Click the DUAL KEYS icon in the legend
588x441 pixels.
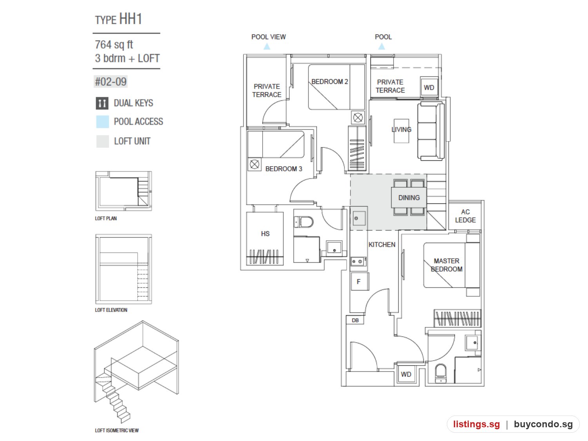pyautogui.click(x=102, y=103)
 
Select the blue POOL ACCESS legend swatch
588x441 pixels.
pyautogui.click(x=102, y=122)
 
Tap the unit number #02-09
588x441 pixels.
pyautogui.click(x=111, y=82)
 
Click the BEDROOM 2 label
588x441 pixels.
pyautogui.click(x=330, y=82)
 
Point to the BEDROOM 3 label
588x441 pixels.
pyautogui.click(x=283, y=169)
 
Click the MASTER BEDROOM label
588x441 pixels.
pyautogui.click(x=446, y=265)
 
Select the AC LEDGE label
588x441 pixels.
pyautogui.click(x=465, y=216)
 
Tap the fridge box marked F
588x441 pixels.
pyautogui.click(x=359, y=281)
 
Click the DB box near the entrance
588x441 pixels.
pyautogui.click(x=355, y=320)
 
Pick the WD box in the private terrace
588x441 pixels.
pyautogui.click(x=429, y=87)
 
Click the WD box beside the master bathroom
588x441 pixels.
pyautogui.click(x=406, y=374)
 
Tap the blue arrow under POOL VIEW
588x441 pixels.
pyautogui.click(x=267, y=46)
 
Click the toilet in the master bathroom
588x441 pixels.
pyautogui.click(x=440, y=373)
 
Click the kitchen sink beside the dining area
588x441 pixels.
pyautogui.click(x=359, y=218)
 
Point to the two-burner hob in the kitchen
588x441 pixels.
pyautogui.click(x=358, y=261)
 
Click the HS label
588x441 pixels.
pyautogui.click(x=265, y=234)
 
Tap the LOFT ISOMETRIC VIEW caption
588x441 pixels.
pyautogui.click(x=117, y=430)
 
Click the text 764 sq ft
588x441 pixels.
pyautogui.click(x=114, y=45)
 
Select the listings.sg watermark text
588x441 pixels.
pyautogui.click(x=476, y=424)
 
